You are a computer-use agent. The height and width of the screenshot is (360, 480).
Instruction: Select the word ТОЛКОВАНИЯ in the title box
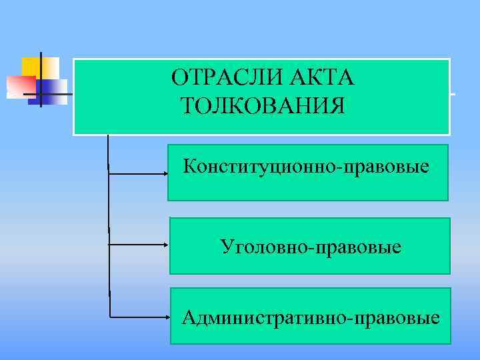coord(263,105)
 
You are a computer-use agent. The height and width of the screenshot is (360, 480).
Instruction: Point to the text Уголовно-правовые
coord(311,248)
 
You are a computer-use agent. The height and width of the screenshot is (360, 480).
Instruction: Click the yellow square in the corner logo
coord(31,66)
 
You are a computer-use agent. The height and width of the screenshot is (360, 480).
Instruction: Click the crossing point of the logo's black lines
coord(41,94)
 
